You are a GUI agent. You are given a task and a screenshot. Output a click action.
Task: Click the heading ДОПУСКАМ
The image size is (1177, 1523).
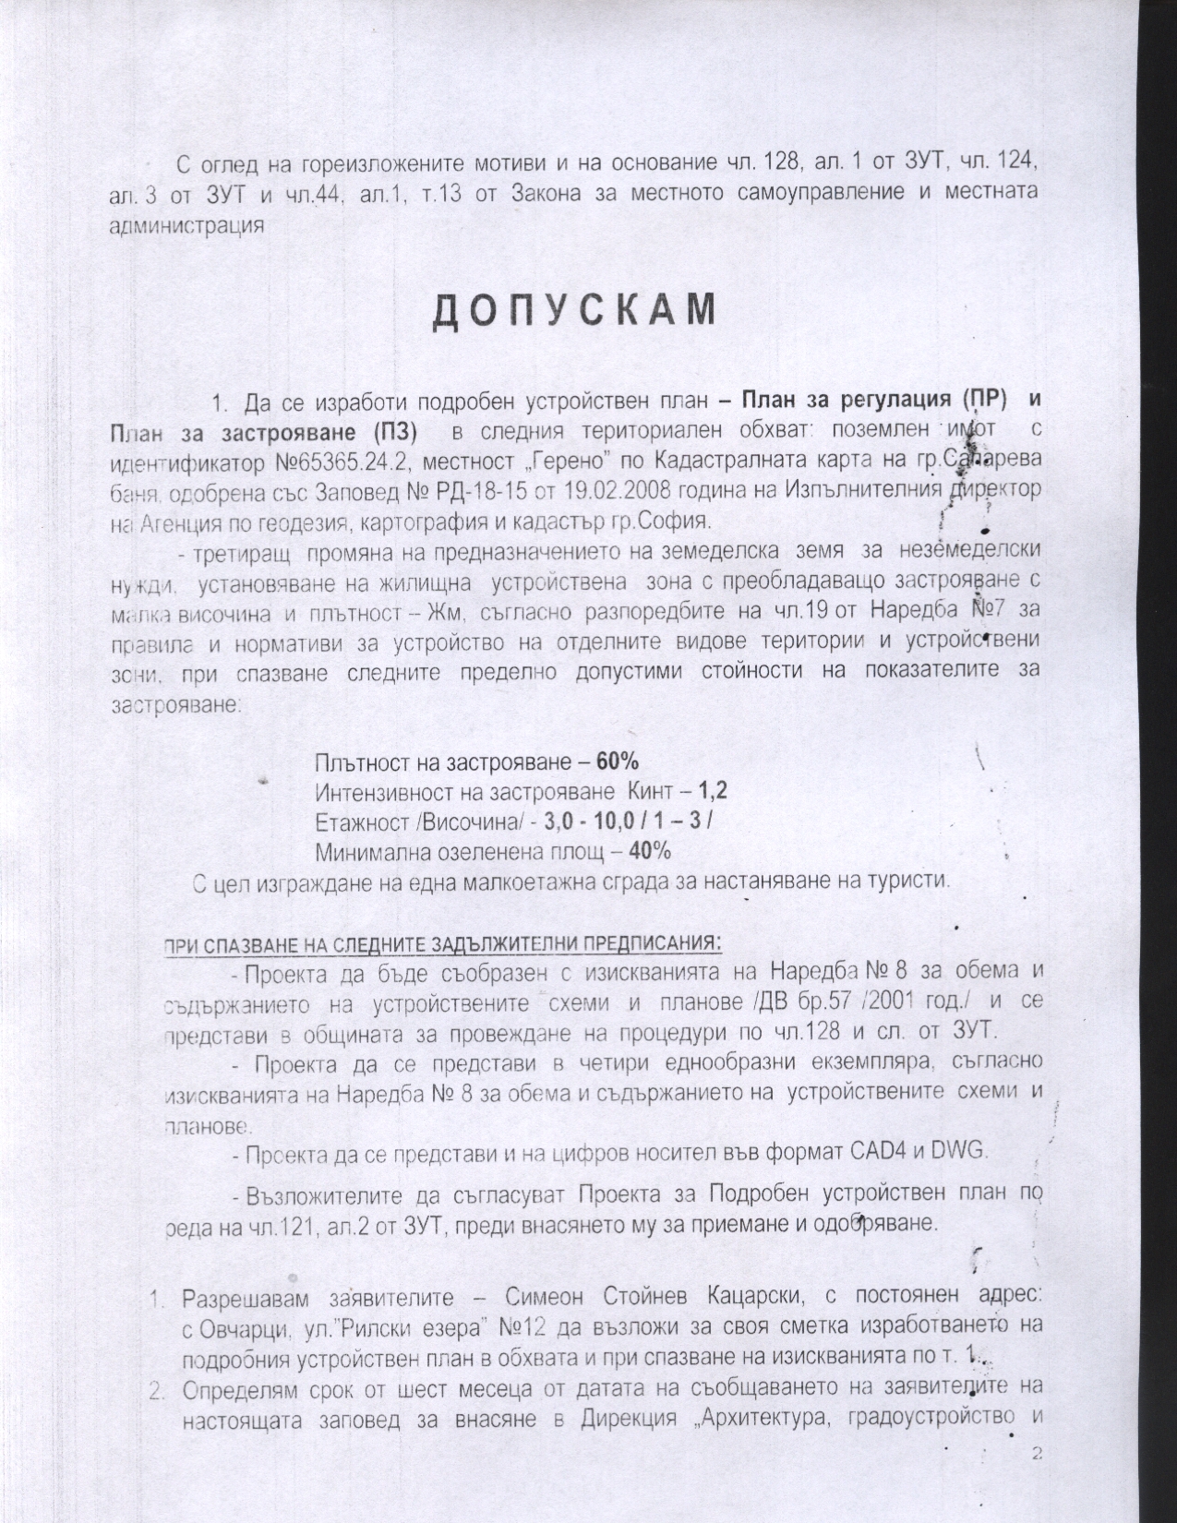pyautogui.click(x=574, y=311)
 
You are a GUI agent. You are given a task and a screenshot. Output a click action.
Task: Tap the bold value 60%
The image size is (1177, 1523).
pyautogui.click(x=618, y=762)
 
